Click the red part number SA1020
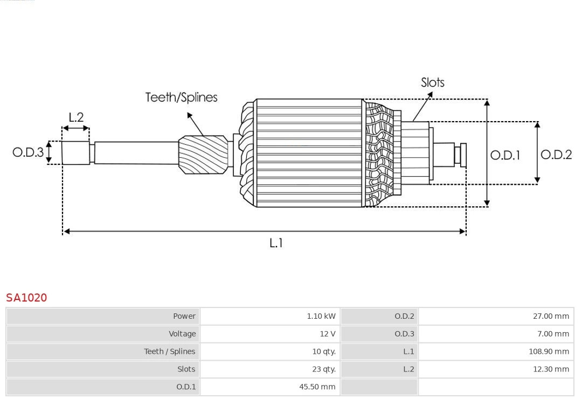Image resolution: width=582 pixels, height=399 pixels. coord(26,298)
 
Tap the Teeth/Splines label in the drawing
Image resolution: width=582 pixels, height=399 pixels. coord(181,97)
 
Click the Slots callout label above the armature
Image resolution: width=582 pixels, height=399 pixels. coord(432,82)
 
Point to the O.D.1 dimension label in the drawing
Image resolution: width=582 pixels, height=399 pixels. coord(505,156)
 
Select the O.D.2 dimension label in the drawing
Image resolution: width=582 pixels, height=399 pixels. coord(556,155)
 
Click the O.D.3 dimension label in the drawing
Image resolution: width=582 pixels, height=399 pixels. coord(28,152)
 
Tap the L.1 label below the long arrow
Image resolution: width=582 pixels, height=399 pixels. coord(276,243)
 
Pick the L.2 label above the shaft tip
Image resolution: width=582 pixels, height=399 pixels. coord(76,117)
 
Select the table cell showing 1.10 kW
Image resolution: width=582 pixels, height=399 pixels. coord(321,316)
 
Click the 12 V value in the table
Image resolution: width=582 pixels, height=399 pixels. coord(327,334)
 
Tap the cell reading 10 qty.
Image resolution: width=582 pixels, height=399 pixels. coord(323,352)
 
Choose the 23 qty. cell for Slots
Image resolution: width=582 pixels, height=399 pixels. coord(323,369)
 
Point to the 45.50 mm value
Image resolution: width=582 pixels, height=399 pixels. coord(317,387)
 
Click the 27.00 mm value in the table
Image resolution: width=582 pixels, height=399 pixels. coord(551,316)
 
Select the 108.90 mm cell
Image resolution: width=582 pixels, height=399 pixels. coord(549,352)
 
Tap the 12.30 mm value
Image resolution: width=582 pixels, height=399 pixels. coord(551,369)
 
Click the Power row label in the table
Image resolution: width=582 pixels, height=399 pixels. coord(184,316)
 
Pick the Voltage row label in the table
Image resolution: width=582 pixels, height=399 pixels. coord(182,334)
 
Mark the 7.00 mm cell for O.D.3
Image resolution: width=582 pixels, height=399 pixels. coord(553,334)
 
